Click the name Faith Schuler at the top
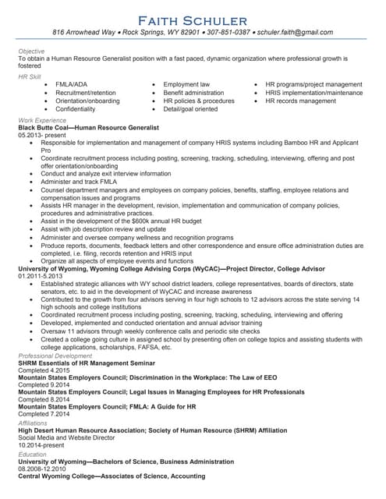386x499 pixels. coord(193,19)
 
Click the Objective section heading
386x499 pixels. coord(32,51)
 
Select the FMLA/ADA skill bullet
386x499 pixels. coord(72,84)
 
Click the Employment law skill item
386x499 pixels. coord(186,84)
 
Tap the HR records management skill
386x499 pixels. coord(301,101)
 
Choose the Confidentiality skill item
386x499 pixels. coord(82,110)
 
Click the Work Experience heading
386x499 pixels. coord(41,119)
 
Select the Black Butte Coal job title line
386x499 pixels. coord(88,127)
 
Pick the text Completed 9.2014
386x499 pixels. coord(44,387)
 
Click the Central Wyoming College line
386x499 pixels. coord(112,476)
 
